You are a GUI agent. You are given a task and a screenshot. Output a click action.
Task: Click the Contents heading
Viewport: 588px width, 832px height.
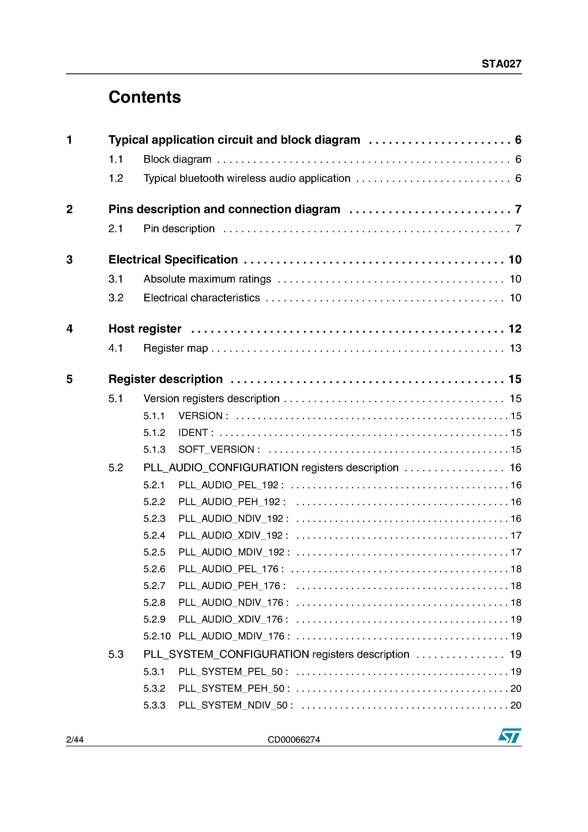pos(145,97)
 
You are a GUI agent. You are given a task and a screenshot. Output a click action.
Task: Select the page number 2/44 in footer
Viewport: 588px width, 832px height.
pos(75,740)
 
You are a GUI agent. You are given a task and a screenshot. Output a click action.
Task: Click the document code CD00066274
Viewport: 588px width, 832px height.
pos(294,740)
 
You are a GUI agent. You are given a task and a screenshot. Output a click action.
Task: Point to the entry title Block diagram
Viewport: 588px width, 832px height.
pos(177,159)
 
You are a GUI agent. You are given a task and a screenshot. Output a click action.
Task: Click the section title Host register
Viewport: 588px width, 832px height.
pos(145,329)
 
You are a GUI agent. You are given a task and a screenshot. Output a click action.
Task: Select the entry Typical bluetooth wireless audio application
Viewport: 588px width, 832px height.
pos(247,178)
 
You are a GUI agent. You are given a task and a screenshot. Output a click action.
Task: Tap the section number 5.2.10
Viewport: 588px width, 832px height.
pos(157,636)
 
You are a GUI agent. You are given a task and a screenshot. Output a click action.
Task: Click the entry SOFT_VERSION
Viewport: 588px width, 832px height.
pos(219,449)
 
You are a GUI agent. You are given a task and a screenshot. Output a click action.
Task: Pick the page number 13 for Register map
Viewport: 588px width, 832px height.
pos(515,348)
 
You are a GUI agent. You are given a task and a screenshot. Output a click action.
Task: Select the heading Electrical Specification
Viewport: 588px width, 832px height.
pos(173,260)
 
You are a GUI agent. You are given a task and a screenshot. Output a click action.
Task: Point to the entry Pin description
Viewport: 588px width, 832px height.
pos(179,229)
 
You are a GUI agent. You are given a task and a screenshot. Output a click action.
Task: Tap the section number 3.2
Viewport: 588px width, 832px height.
pos(116,298)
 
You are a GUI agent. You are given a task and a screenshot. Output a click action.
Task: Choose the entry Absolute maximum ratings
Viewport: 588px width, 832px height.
pos(207,279)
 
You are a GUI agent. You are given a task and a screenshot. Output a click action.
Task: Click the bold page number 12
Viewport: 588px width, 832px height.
pos(515,329)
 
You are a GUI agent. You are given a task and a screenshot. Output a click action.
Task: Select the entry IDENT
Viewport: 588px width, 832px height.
pos(196,433)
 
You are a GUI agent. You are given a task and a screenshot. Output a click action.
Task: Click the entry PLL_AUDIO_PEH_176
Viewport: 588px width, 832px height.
pos(232,586)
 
